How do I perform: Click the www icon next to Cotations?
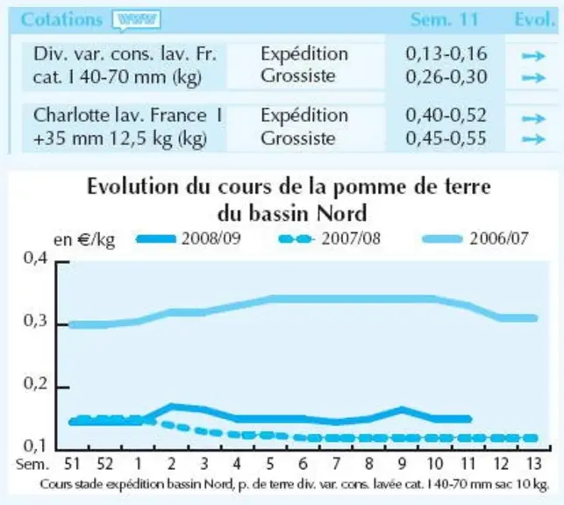tap(136, 20)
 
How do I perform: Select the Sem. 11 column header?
tap(444, 19)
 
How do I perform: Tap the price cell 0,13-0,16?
tap(446, 53)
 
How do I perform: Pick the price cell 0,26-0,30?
tap(446, 76)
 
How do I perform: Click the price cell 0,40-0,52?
tap(446, 116)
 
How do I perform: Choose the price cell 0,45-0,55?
tap(446, 139)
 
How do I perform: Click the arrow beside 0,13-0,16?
tap(534, 56)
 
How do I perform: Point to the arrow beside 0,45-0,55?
tap(534, 139)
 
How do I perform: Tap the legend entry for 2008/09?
tap(189, 238)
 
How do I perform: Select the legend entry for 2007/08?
tap(330, 238)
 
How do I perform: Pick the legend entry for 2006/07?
tap(475, 238)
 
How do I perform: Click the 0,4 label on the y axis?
tap(35, 258)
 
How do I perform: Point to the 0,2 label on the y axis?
tap(35, 383)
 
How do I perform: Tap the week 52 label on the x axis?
tap(105, 464)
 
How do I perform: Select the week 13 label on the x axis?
tap(534, 464)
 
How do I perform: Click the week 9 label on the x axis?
tap(402, 464)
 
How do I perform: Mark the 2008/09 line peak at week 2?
tap(171, 407)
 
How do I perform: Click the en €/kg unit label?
tap(84, 239)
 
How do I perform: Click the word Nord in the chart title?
tap(342, 214)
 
